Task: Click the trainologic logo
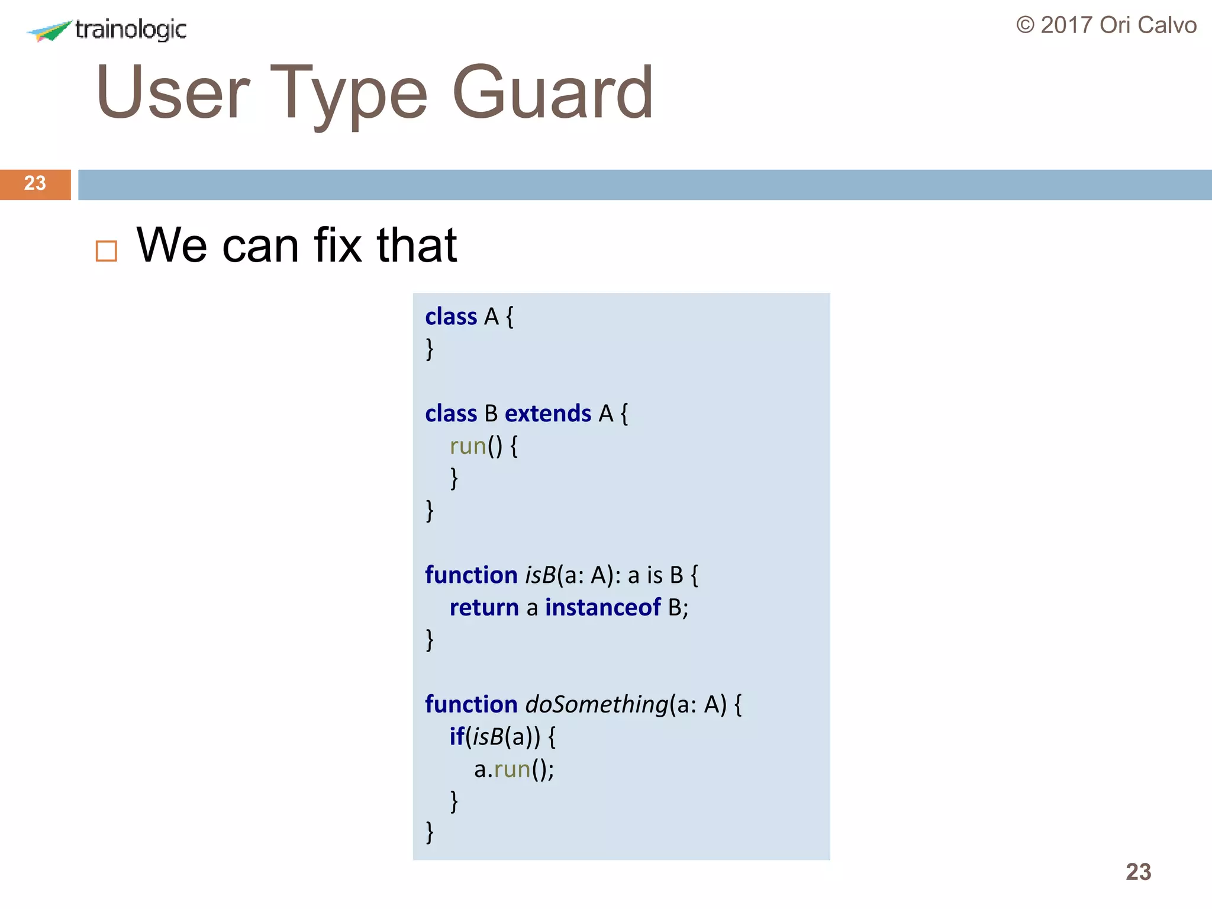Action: pos(107,30)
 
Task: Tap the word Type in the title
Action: pos(349,94)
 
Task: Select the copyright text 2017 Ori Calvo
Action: pos(1106,25)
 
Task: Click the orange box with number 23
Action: pos(35,184)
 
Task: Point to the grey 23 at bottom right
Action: pos(1138,872)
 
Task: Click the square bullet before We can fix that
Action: pos(107,251)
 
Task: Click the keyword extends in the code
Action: pos(547,413)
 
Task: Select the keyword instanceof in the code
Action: pos(602,607)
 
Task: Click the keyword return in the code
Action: pos(483,607)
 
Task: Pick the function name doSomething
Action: pos(597,704)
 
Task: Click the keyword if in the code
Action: pos(456,737)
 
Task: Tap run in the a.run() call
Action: pos(512,769)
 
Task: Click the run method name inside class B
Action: pos(468,446)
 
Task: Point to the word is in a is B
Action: pos(655,575)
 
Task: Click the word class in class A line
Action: pos(451,317)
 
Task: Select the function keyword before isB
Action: pos(471,575)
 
